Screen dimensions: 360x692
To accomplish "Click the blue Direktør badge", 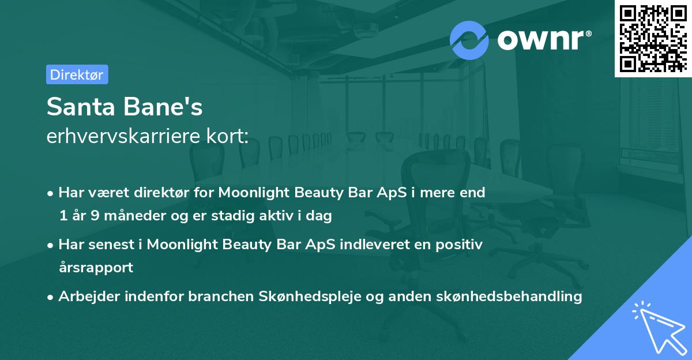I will [x=77, y=74].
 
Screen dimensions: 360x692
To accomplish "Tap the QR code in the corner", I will [x=653, y=38].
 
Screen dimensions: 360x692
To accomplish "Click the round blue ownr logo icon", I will [x=469, y=40].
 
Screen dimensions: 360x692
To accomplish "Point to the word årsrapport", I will [x=96, y=268].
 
